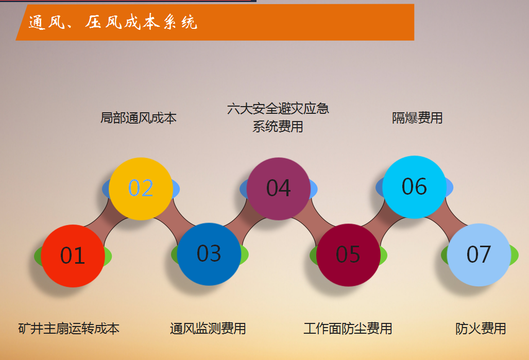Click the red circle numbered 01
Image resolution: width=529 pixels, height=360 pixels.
(x=73, y=256)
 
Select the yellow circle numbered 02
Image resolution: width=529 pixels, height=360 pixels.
(x=141, y=188)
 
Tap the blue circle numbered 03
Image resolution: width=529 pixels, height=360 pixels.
(x=209, y=254)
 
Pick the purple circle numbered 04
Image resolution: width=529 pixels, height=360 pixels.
(x=279, y=188)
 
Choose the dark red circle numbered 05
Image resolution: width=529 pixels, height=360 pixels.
(x=348, y=255)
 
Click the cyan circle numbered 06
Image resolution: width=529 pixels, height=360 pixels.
(x=414, y=187)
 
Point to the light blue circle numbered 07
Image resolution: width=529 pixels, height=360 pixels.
(x=479, y=255)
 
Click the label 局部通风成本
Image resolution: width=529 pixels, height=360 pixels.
(x=139, y=118)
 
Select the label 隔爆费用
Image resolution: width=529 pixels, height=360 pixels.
(x=417, y=118)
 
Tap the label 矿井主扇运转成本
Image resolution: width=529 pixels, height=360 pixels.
(x=69, y=329)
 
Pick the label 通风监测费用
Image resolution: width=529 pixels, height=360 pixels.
(x=208, y=329)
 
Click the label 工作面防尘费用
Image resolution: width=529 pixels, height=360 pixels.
(x=348, y=329)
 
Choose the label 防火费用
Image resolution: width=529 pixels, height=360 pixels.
(x=481, y=329)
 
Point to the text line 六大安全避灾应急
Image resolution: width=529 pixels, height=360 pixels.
(x=278, y=109)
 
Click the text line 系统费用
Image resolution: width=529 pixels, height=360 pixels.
(x=278, y=127)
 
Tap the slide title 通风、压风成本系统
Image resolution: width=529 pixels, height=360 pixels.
(x=113, y=22)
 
